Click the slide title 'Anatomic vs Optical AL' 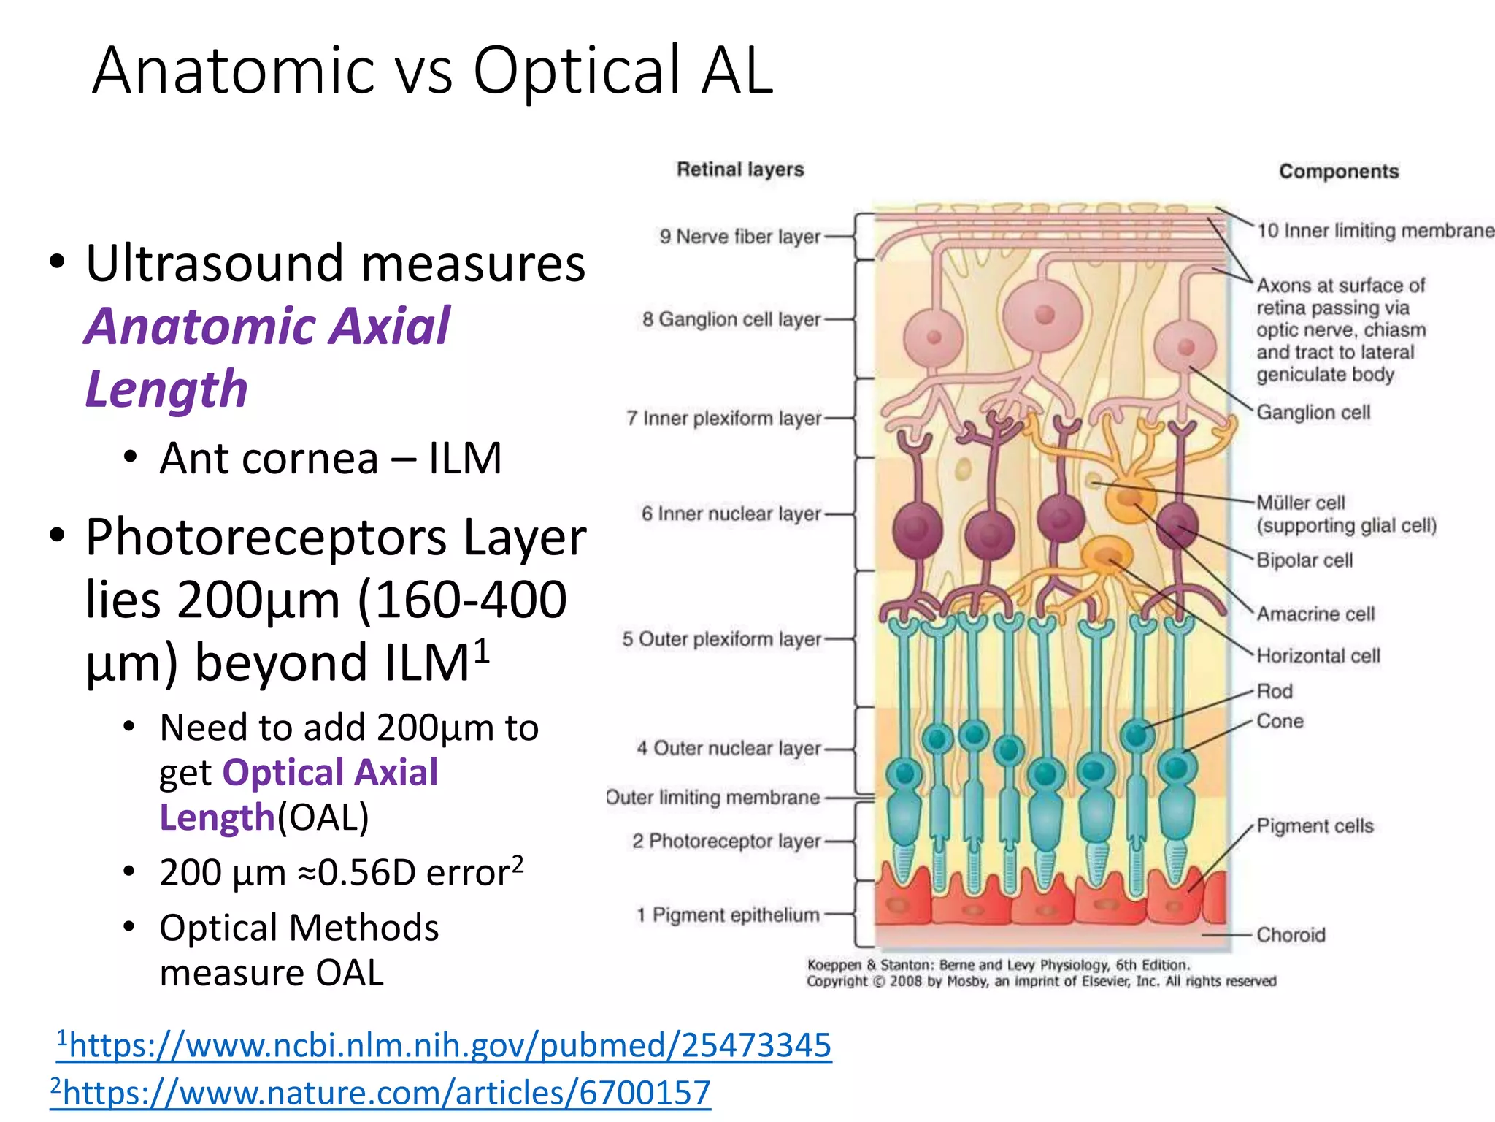pos(432,70)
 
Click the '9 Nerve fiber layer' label pos(740,237)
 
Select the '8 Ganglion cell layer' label pos(731,319)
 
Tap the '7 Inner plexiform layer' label pos(723,419)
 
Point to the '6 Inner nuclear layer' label pos(731,514)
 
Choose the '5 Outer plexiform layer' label pos(721,639)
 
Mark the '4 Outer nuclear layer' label pos(729,748)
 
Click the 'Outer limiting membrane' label pos(712,797)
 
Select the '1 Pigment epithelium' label pos(728,915)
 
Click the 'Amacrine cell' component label pos(1315,614)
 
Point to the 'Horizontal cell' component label pos(1318,656)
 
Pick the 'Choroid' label pos(1291,935)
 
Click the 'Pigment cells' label pos(1315,826)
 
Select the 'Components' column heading pos(1339,172)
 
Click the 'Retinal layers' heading pos(740,169)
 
